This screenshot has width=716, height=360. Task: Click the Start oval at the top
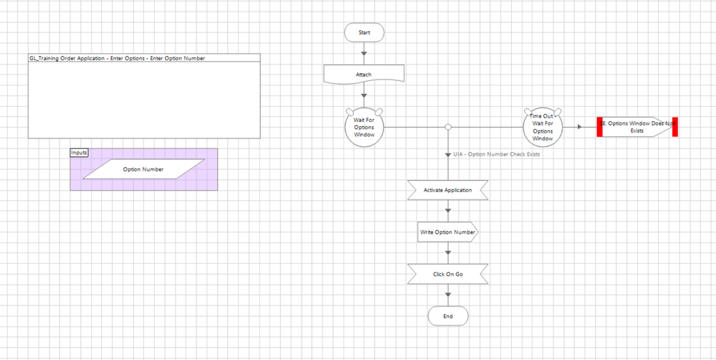pyautogui.click(x=364, y=32)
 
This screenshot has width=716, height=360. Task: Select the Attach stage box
pyautogui.click(x=364, y=75)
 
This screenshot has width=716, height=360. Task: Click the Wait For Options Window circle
pyautogui.click(x=364, y=127)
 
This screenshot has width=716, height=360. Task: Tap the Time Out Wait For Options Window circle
pyautogui.click(x=543, y=127)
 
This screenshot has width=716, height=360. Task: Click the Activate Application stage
pyautogui.click(x=447, y=190)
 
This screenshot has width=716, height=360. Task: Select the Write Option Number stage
pyautogui.click(x=447, y=232)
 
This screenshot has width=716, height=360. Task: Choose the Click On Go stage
pyautogui.click(x=447, y=274)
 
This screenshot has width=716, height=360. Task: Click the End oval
pyautogui.click(x=447, y=316)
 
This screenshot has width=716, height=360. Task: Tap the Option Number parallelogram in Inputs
pyautogui.click(x=143, y=170)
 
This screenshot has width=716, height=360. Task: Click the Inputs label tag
pyautogui.click(x=79, y=152)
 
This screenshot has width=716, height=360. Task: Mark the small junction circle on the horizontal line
pyautogui.click(x=448, y=127)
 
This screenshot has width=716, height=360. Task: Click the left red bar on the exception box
pyautogui.click(x=601, y=127)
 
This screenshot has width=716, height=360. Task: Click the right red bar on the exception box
pyautogui.click(x=674, y=127)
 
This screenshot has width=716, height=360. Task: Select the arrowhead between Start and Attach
pyautogui.click(x=364, y=52)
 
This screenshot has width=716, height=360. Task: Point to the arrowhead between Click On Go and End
pyautogui.click(x=448, y=295)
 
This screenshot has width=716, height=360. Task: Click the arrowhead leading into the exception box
pyautogui.click(x=578, y=127)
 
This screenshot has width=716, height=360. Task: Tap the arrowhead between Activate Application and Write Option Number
pyautogui.click(x=448, y=211)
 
